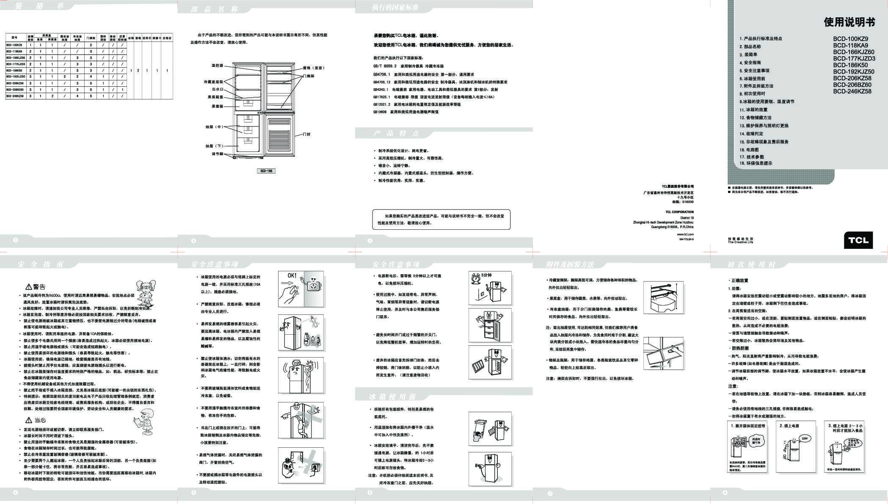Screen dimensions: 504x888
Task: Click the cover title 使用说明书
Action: coord(849,22)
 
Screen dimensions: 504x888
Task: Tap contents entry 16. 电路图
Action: coord(749,150)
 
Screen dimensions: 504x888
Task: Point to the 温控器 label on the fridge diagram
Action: coord(217,66)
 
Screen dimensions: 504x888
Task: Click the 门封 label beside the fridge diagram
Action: coord(307,134)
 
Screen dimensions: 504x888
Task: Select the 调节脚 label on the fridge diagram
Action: coord(217,154)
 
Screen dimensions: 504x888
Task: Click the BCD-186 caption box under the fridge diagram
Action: coord(266,171)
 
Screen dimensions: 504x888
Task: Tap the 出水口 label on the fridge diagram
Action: coord(218,89)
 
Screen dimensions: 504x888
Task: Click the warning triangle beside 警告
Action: coord(29,287)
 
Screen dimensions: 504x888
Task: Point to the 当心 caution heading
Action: coord(39,420)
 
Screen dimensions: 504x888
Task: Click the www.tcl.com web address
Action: coord(685,234)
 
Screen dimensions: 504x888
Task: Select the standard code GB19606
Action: coord(380,112)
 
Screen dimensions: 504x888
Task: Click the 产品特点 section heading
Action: coord(396,134)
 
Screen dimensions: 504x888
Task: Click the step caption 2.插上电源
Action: coord(789,426)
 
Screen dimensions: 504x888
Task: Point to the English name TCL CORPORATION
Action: coord(679,212)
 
